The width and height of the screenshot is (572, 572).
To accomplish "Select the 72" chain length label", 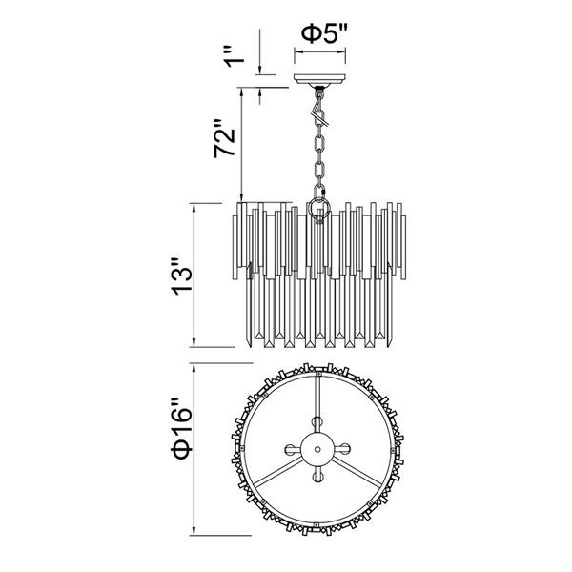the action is click(225, 138).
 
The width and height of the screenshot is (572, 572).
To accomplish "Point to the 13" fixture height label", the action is click(181, 276).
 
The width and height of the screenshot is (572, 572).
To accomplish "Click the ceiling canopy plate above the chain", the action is click(319, 79).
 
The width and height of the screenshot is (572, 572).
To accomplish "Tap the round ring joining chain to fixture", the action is click(318, 208).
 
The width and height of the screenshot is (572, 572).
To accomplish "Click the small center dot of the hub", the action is click(317, 449).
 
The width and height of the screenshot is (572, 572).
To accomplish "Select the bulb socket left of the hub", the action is click(292, 449).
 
